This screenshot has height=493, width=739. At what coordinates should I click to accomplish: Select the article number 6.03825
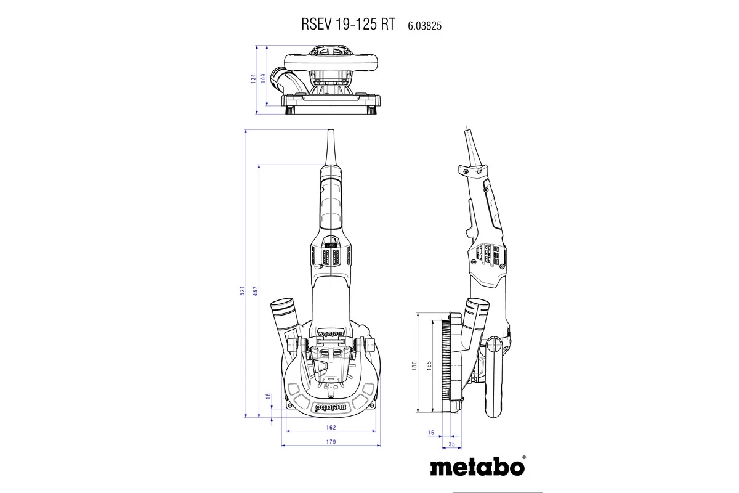pos(425,26)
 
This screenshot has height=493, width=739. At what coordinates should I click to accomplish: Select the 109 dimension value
pos(263,78)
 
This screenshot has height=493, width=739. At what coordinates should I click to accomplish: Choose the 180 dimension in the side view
pos(415,365)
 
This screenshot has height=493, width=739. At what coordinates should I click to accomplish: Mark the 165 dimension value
pos(429,365)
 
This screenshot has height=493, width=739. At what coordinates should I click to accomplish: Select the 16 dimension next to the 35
pos(430,433)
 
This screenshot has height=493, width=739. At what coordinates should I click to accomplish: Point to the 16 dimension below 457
pos(267,396)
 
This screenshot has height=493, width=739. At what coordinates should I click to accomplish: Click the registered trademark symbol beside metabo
pos(523,458)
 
